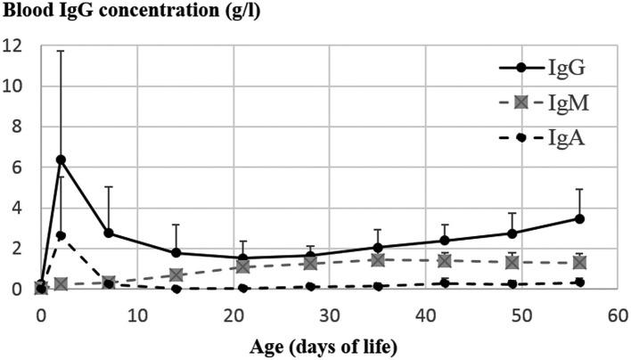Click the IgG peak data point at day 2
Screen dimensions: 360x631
[x=60, y=160]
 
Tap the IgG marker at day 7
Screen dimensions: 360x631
[x=108, y=233]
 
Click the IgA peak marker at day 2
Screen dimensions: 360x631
[x=60, y=235]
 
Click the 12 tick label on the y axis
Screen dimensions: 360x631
[x=13, y=45]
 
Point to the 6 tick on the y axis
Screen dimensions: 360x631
[x=19, y=168]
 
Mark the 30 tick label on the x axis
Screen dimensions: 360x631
[x=329, y=315]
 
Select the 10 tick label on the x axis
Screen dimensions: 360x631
[x=136, y=315]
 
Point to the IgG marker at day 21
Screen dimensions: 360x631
[x=243, y=258]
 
